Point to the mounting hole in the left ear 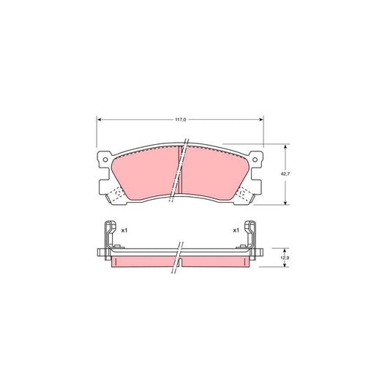click(103, 159)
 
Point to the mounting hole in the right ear click(256, 159)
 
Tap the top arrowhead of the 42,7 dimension click(283, 146)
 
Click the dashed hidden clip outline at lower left click(113, 195)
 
